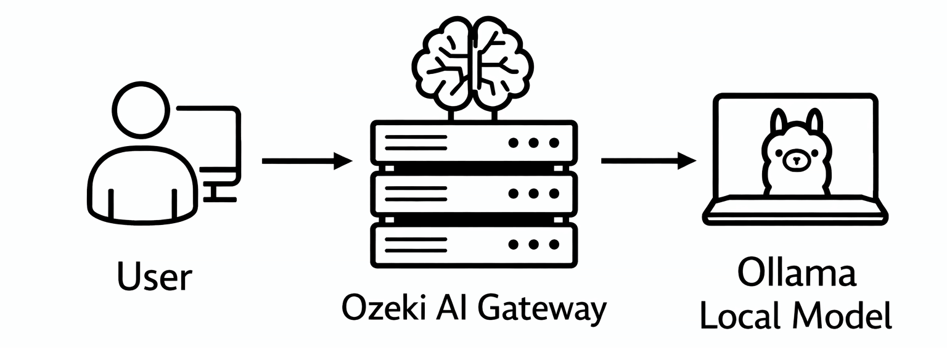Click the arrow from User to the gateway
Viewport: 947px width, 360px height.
(x=306, y=162)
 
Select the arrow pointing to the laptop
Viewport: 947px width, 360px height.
(x=647, y=162)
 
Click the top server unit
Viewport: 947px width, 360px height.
(x=473, y=142)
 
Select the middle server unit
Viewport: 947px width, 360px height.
(x=473, y=193)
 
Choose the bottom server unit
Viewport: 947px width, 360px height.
(x=473, y=244)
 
